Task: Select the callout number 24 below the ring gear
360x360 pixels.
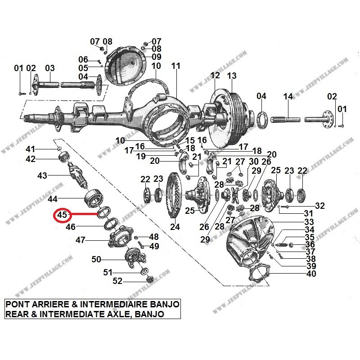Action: [175, 227]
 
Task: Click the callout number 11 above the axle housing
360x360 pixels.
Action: [175, 66]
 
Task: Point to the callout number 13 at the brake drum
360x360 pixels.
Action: [231, 76]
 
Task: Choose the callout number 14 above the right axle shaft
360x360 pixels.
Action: [288, 96]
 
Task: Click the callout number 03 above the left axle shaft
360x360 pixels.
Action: [49, 68]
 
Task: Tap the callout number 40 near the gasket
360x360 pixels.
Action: [310, 274]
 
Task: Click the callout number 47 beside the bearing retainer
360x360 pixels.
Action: [81, 240]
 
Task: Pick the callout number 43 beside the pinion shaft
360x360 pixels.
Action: [42, 175]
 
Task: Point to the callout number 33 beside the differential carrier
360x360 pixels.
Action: [309, 222]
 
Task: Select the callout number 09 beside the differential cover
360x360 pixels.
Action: [156, 57]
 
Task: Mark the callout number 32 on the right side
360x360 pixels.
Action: [319, 206]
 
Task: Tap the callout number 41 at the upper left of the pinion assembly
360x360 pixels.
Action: [30, 149]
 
